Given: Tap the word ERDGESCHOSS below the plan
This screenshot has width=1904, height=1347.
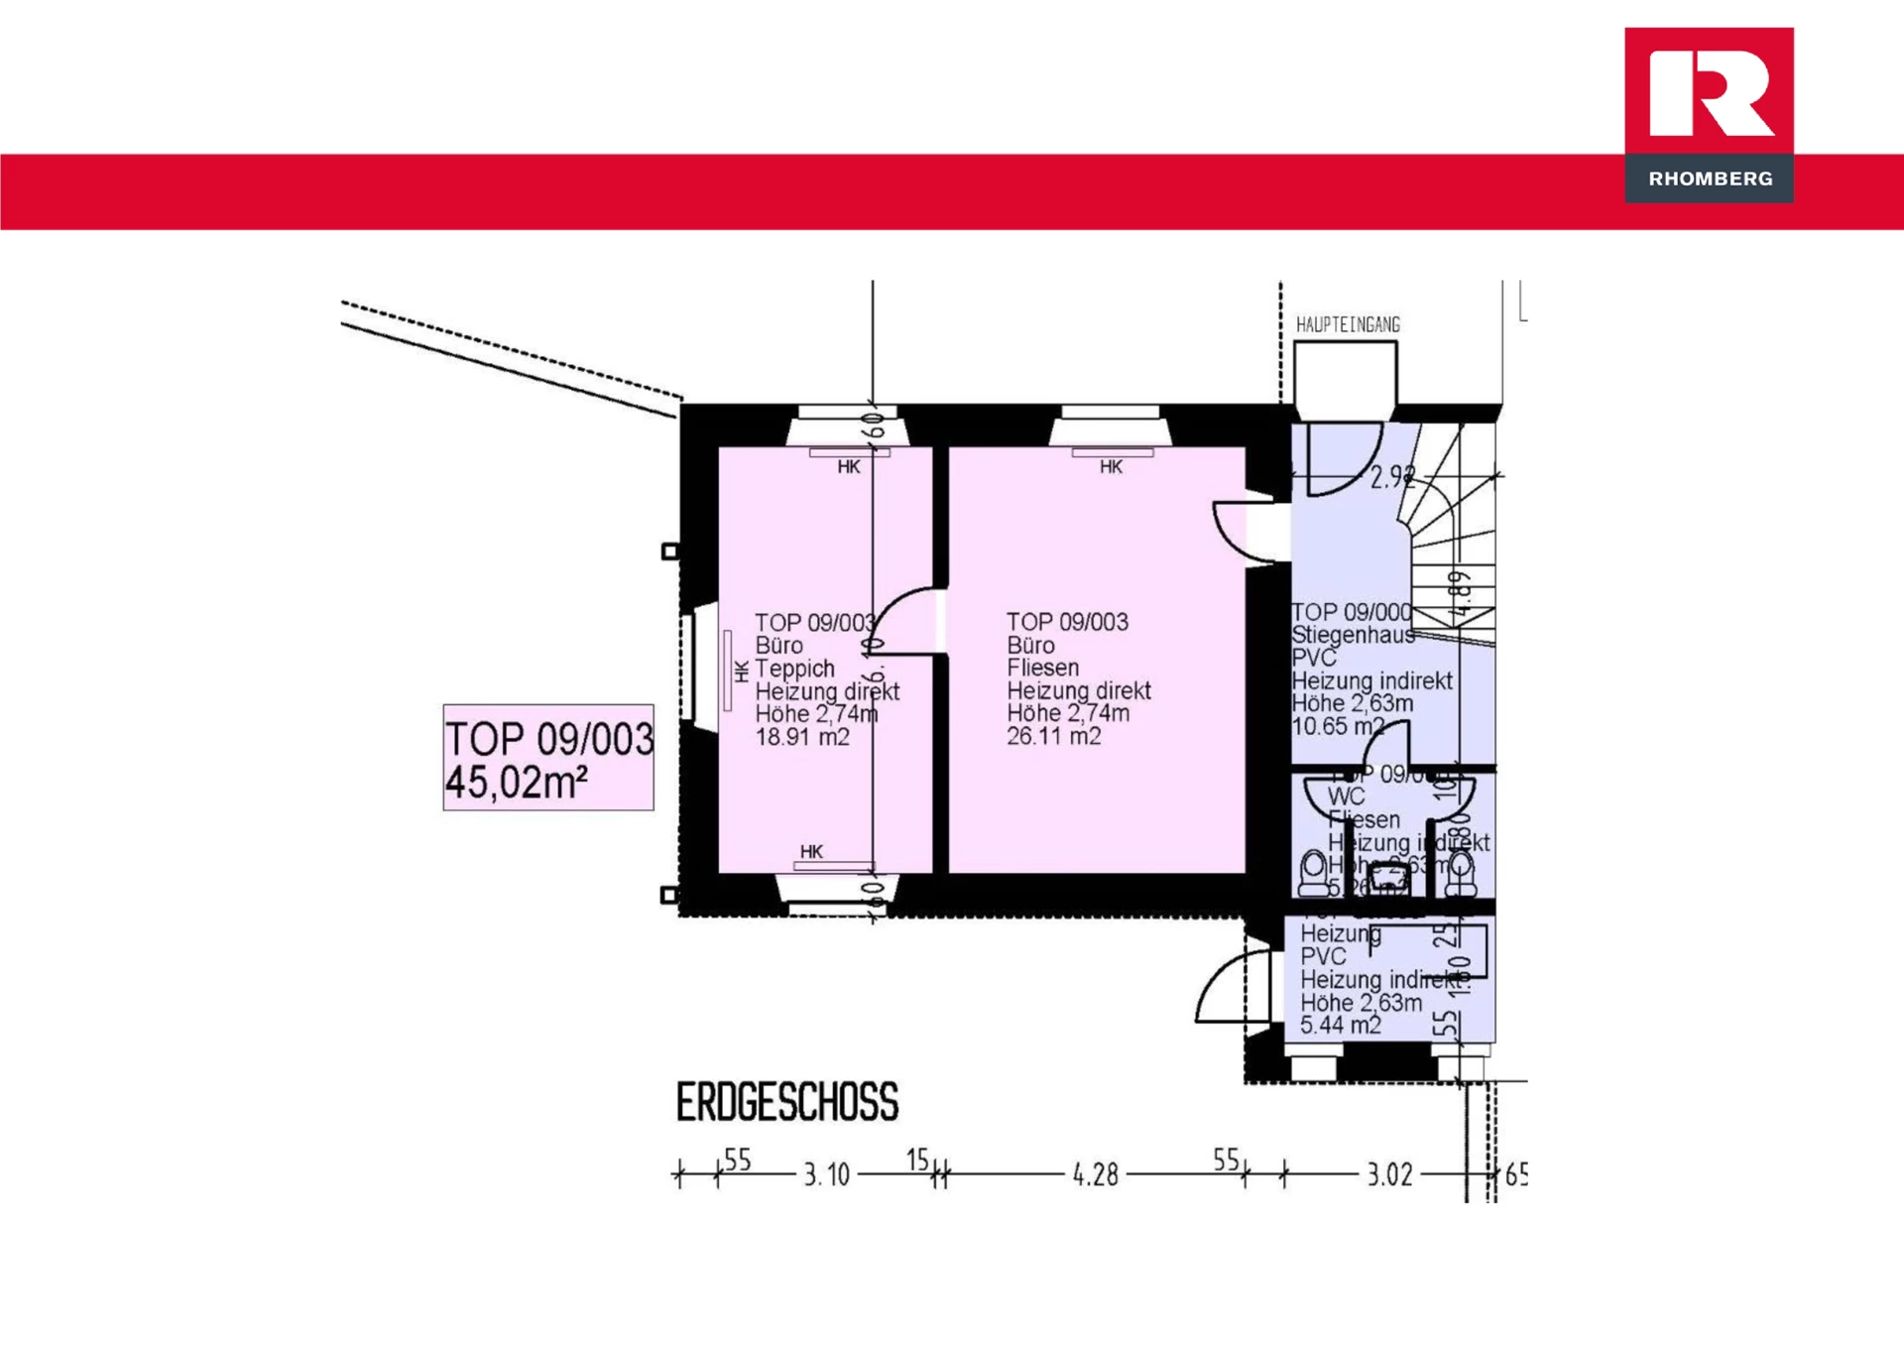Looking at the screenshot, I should [x=786, y=1102].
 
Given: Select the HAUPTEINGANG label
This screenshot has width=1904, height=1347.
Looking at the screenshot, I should [x=1348, y=325].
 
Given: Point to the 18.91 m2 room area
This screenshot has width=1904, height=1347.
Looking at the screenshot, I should [x=802, y=737].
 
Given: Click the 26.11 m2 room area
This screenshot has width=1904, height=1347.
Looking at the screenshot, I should [x=1053, y=736].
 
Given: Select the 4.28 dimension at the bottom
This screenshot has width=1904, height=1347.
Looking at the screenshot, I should [x=1095, y=1175].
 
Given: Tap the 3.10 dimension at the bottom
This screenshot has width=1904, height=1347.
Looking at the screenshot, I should [x=826, y=1175].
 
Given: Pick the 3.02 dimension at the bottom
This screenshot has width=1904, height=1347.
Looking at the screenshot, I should [x=1389, y=1175].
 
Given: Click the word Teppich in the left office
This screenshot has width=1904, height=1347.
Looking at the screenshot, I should [x=794, y=669].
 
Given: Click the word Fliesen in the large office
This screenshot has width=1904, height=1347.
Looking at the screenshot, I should [x=1042, y=668].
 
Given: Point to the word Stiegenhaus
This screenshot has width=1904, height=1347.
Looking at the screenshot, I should [x=1353, y=635].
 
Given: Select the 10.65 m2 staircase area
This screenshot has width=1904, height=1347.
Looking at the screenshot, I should [x=1337, y=726].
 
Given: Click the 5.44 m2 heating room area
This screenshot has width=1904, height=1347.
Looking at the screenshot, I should [x=1340, y=1025].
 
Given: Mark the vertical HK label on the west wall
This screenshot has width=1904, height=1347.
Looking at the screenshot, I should [x=742, y=672].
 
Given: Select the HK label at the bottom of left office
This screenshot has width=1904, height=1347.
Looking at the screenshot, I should [x=811, y=851].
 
